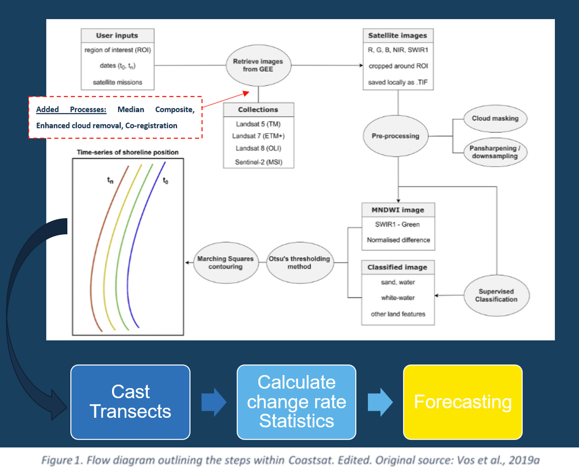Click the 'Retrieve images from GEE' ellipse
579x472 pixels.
coord(258,65)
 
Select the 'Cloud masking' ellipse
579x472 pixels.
coord(495,118)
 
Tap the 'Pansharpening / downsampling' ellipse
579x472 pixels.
coord(495,152)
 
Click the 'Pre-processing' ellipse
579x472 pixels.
coord(395,136)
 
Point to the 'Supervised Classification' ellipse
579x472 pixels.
coord(496,296)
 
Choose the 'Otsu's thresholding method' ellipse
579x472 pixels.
coord(299,263)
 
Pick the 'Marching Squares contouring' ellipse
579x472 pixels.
coord(226,263)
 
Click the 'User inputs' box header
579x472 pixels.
coord(117,36)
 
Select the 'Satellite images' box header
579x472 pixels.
coord(397,36)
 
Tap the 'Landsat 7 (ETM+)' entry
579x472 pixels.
coord(258,136)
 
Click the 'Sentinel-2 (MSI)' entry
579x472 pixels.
coord(258,162)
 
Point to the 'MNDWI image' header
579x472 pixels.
coord(398,210)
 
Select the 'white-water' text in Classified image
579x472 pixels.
coord(398,298)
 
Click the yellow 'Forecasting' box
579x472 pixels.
coord(463,402)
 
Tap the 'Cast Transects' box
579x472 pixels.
coord(130,402)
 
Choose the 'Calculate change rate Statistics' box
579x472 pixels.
coord(296,402)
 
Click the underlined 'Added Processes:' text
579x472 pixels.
coord(71,110)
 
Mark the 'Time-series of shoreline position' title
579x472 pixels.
coord(128,152)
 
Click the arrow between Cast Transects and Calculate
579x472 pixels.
coord(214,402)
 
